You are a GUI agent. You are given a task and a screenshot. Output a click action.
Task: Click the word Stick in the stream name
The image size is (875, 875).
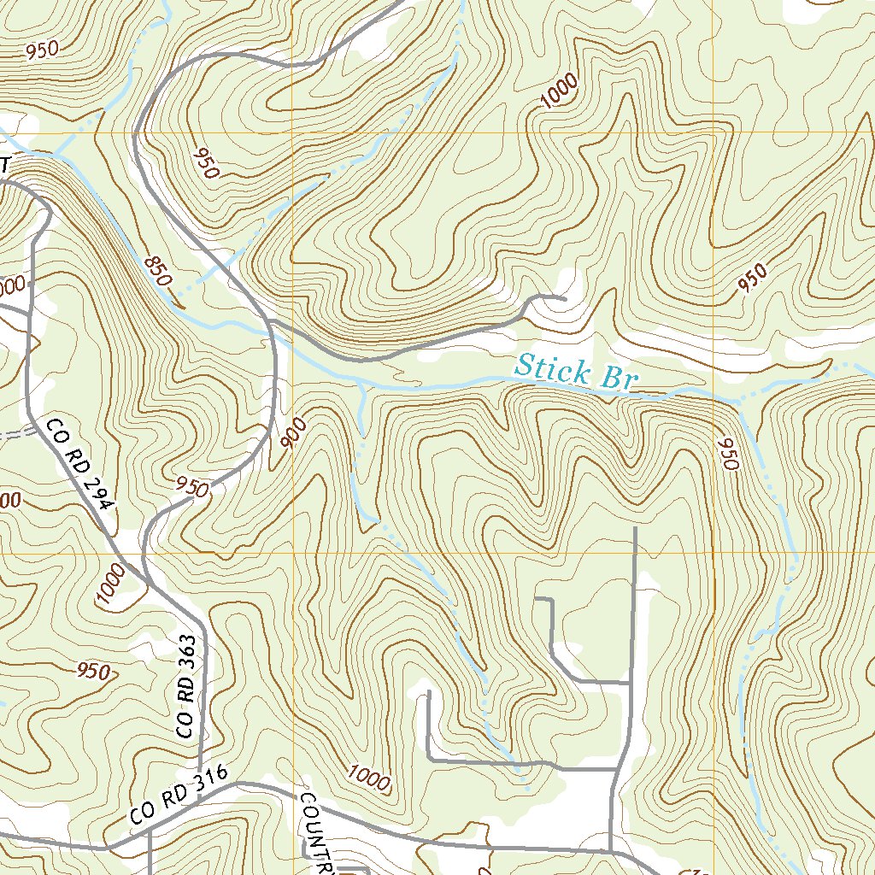coord(553,370)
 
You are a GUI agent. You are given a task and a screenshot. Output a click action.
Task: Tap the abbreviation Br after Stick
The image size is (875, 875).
coord(618,378)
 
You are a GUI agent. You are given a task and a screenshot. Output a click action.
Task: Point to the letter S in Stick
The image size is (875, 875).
coord(523,367)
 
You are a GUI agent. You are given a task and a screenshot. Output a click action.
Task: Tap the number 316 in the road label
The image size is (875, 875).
coord(212,779)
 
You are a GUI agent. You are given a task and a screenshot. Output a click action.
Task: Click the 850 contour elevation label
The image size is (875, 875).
coord(158,271)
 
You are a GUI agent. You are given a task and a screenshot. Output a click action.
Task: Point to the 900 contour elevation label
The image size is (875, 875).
coord(292,437)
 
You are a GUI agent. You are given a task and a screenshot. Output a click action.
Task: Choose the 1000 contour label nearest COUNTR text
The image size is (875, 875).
coord(369,778)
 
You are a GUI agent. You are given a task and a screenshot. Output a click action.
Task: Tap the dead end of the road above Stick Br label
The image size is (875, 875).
coord(564,299)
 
